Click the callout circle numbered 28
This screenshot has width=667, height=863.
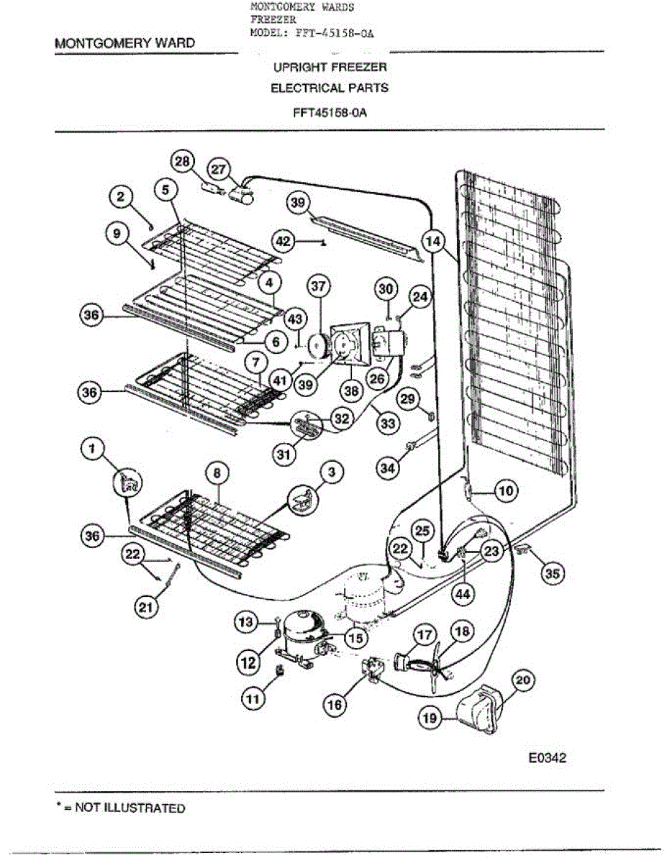click(184, 162)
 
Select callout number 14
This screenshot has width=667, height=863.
click(434, 242)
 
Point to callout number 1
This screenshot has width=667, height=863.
click(91, 449)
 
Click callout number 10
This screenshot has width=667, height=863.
click(506, 492)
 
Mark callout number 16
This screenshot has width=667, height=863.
click(335, 705)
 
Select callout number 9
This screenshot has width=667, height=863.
click(116, 234)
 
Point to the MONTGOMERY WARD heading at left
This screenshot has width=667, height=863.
click(124, 43)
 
